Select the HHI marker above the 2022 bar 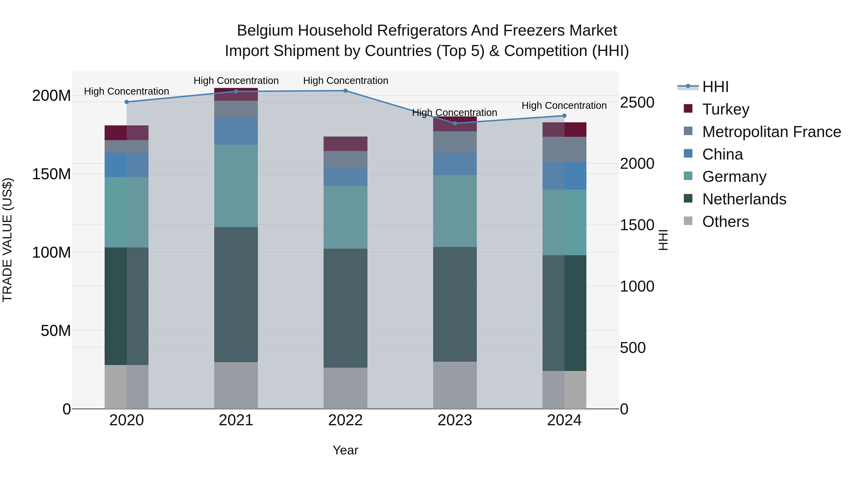click(345, 91)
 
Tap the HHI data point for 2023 click(455, 123)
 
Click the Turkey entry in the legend click(726, 109)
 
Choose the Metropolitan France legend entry click(771, 132)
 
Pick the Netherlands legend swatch click(688, 199)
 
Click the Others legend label click(726, 222)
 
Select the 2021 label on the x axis click(236, 420)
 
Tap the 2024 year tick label click(564, 420)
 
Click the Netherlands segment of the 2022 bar click(345, 308)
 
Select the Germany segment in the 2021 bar click(236, 186)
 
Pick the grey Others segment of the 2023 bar click(455, 385)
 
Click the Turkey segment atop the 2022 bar click(345, 144)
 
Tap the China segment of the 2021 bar click(236, 131)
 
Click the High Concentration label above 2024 click(564, 106)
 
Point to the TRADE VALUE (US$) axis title click(7, 240)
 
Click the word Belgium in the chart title click(265, 31)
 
